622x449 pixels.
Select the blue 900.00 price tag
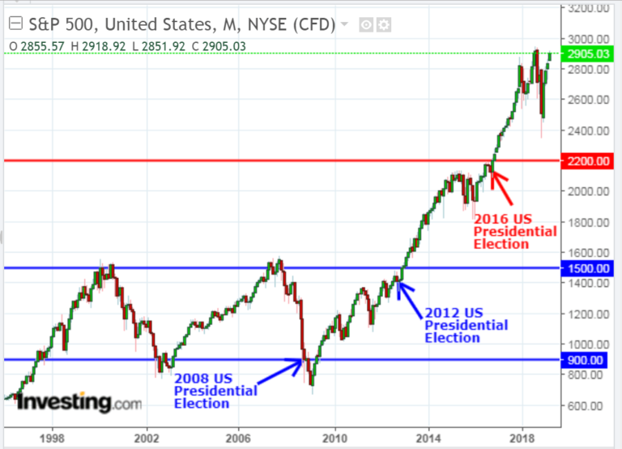pos(589,360)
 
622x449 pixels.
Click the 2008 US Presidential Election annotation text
pos(215,391)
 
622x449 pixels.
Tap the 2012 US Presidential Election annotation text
pos(466,325)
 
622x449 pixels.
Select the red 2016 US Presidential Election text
pos(515,231)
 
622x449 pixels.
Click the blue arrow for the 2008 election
pos(283,371)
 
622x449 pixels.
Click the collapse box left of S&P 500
pos(13,25)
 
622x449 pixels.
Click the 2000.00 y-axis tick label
pos(589,191)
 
